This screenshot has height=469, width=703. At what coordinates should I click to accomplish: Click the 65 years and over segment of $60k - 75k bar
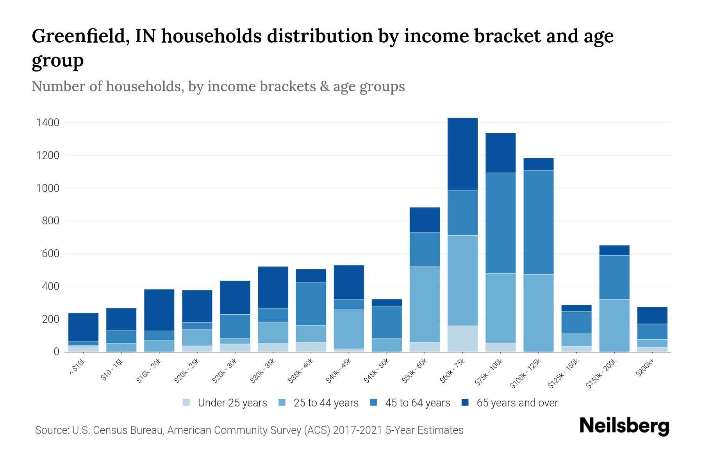click(x=462, y=154)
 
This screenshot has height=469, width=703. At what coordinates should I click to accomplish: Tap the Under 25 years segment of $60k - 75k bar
click(x=462, y=338)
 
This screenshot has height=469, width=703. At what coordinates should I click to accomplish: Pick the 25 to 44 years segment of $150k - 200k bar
click(x=614, y=325)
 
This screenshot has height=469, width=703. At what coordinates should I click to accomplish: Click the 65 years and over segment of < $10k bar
click(x=83, y=327)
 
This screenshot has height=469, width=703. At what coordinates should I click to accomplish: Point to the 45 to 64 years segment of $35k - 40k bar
click(x=311, y=304)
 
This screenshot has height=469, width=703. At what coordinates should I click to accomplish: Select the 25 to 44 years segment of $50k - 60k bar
click(x=425, y=304)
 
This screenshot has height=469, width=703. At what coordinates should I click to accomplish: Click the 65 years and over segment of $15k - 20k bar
click(x=159, y=310)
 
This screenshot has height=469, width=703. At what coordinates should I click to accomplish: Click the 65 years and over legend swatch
click(x=465, y=403)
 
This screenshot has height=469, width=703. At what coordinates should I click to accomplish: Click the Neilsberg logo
click(x=624, y=426)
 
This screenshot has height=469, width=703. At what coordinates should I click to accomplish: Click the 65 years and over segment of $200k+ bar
click(x=652, y=315)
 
